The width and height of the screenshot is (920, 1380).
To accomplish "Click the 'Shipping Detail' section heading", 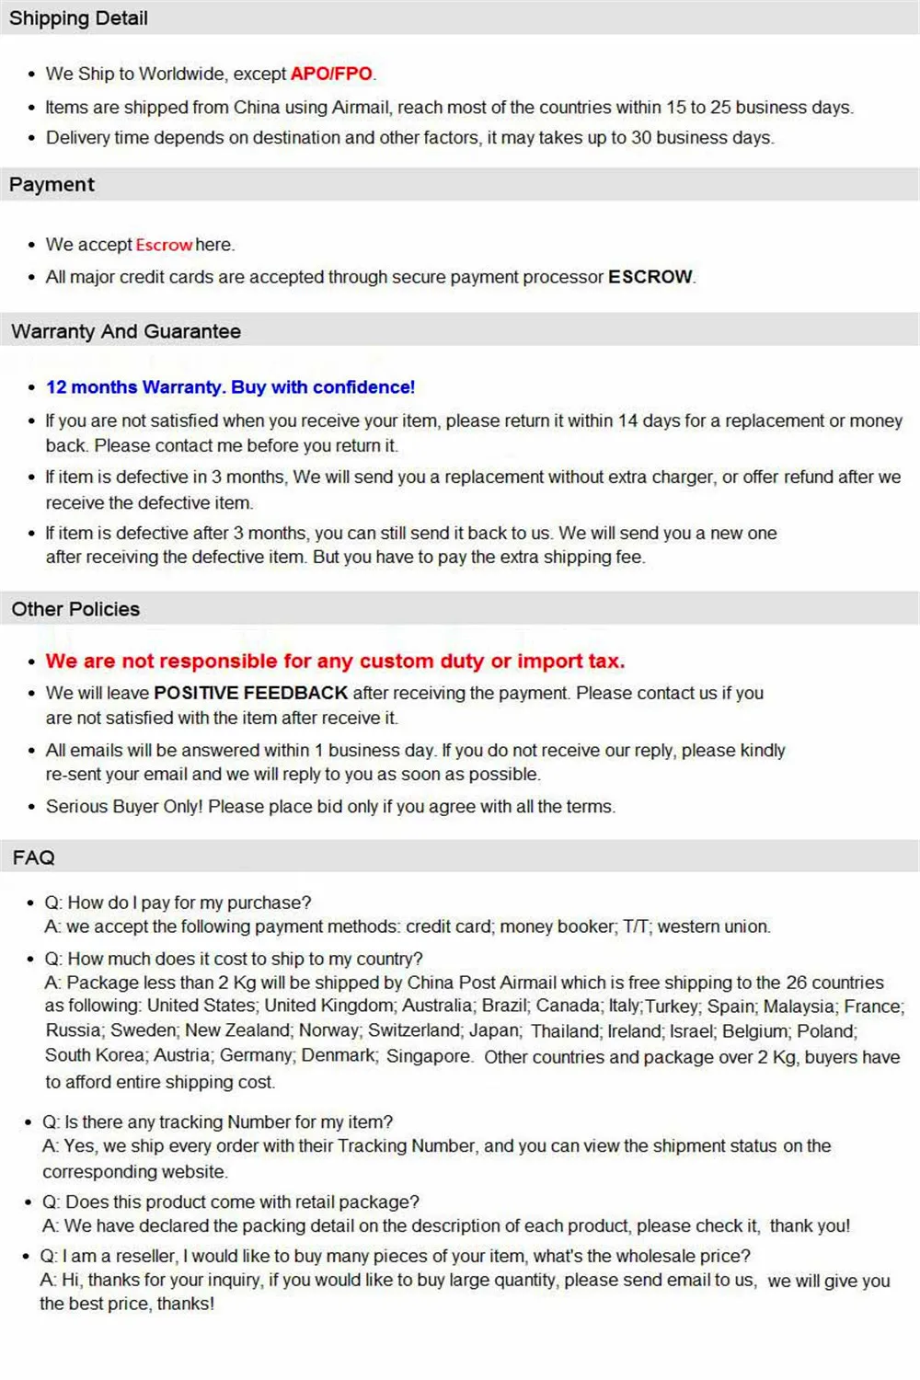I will [78, 18].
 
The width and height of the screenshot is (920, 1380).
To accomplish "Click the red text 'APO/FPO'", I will [331, 74].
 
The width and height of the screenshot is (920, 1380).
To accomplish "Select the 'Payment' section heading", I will [52, 185].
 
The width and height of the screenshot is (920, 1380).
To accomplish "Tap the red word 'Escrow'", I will [164, 245].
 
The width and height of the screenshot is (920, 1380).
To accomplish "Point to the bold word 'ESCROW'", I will [650, 277].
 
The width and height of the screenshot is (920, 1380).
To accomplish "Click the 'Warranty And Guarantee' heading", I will [126, 332].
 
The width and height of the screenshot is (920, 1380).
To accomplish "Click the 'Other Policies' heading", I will [75, 609].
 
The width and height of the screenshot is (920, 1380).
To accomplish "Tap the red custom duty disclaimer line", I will [335, 661].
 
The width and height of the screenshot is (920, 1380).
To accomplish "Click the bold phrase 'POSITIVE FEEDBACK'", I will [250, 693].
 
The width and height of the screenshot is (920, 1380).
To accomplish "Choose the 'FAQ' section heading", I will [34, 857].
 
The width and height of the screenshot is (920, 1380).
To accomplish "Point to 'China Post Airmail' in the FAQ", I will [481, 983].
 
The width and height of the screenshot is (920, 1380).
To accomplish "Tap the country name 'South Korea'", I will [95, 1055].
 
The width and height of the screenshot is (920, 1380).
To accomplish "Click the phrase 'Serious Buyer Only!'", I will [124, 807].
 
